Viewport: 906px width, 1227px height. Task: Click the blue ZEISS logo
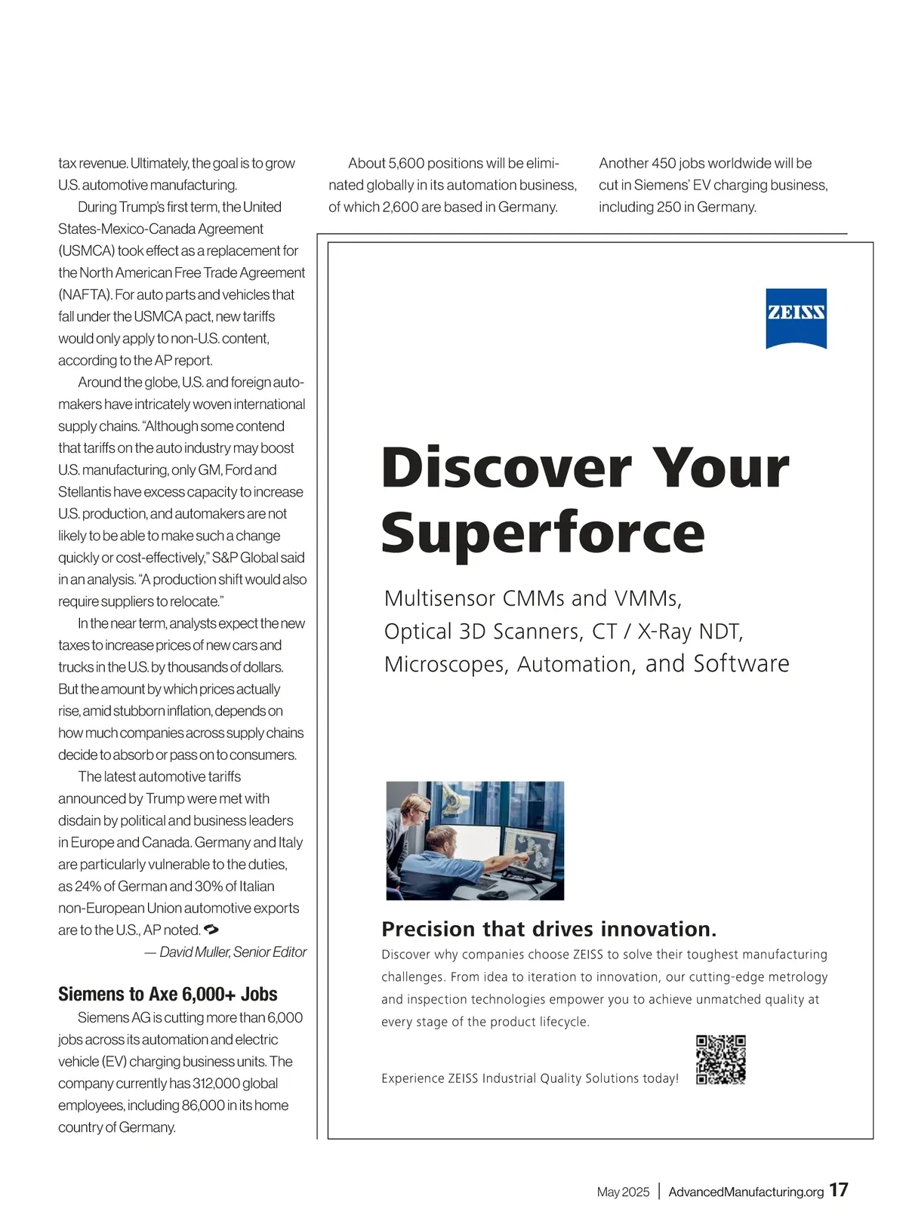[x=796, y=318]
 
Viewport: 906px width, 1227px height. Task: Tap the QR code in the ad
[x=720, y=1059]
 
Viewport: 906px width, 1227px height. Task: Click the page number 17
[x=838, y=1190]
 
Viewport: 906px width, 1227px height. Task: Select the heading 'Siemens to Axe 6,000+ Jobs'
[x=168, y=994]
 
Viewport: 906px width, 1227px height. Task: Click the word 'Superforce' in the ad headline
[x=543, y=533]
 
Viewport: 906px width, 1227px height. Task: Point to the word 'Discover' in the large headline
[x=507, y=468]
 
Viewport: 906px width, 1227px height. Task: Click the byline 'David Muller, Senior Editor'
[x=233, y=952]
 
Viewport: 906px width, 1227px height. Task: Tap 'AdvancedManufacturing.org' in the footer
[x=746, y=1192]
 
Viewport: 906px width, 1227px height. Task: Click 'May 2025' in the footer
[x=623, y=1192]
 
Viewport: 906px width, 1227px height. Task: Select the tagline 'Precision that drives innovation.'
[x=549, y=929]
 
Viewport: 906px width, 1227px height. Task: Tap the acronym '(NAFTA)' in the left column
[x=84, y=295]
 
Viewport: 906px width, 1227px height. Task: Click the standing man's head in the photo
[x=414, y=809]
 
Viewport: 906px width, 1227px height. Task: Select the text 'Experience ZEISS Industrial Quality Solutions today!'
[x=530, y=1078]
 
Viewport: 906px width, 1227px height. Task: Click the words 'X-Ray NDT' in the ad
[x=690, y=632]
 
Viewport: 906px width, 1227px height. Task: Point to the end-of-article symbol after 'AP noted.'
[x=211, y=930]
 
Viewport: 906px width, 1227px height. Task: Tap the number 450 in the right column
[x=664, y=164]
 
